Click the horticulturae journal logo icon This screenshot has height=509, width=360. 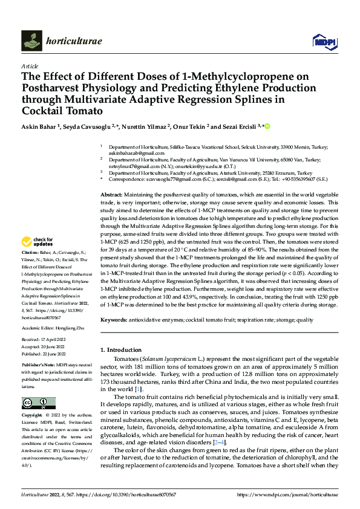pos(31,41)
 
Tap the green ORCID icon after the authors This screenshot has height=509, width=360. pos(266,126)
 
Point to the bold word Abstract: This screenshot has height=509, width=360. pos(112,192)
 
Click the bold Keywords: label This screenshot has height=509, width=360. pos(114,319)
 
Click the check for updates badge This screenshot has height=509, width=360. pos(37,243)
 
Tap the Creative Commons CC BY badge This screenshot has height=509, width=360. pos(38,403)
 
